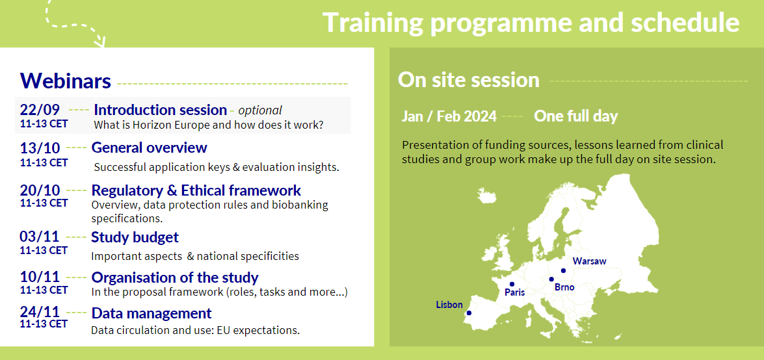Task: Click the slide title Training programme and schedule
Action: coord(531,23)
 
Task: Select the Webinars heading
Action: coord(66,81)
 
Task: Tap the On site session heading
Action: coord(468,80)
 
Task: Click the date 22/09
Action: coord(40,109)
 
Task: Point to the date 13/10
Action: coord(40,148)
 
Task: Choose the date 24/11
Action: coord(40,313)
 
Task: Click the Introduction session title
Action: coord(160,110)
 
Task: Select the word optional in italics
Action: coord(260,110)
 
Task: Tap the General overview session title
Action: coord(149,148)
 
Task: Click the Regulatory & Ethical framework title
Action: coord(196,190)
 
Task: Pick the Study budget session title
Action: coord(135,237)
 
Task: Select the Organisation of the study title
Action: coord(175,277)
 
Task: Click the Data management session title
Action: coord(151,313)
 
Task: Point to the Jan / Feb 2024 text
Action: coord(449,116)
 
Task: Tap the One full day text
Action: coord(575,116)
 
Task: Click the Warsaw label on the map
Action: coord(589,261)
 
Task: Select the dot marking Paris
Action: coord(512,284)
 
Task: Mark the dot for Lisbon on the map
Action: coord(469,313)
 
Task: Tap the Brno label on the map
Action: coord(564,287)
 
